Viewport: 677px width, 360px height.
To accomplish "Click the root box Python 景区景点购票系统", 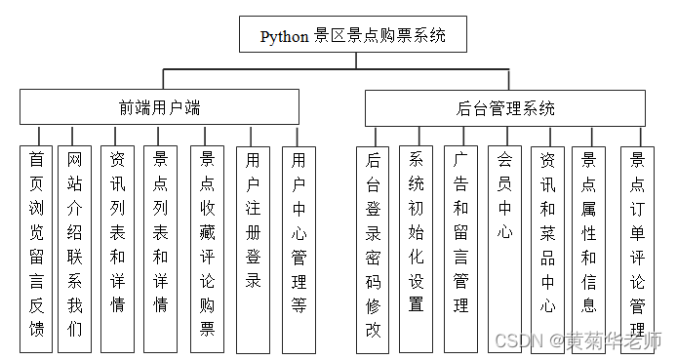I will [x=352, y=36].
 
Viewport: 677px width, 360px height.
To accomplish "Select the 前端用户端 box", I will [x=160, y=107].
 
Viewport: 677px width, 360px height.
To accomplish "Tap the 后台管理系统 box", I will [x=504, y=107].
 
